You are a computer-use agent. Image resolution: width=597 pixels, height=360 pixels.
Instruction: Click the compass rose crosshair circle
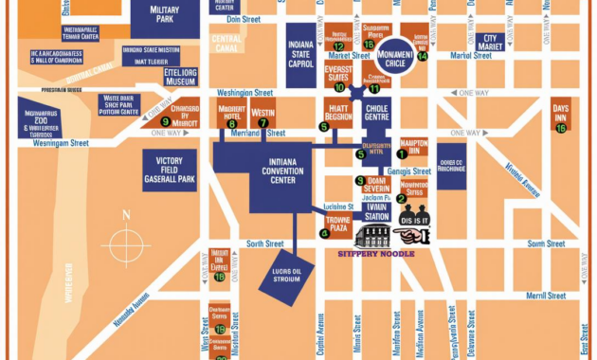pos(125,246)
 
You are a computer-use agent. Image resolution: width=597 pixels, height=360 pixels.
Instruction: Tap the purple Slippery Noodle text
pos(376,254)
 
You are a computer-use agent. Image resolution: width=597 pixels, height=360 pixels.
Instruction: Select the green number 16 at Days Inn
pos(561,128)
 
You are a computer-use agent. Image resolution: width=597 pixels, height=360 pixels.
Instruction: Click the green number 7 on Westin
pos(263,122)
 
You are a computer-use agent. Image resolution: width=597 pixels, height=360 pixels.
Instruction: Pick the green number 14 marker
pos(423,56)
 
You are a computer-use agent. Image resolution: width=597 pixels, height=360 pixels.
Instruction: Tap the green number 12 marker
pos(338,45)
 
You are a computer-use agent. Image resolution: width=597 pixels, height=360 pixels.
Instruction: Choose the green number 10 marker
pos(339,87)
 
